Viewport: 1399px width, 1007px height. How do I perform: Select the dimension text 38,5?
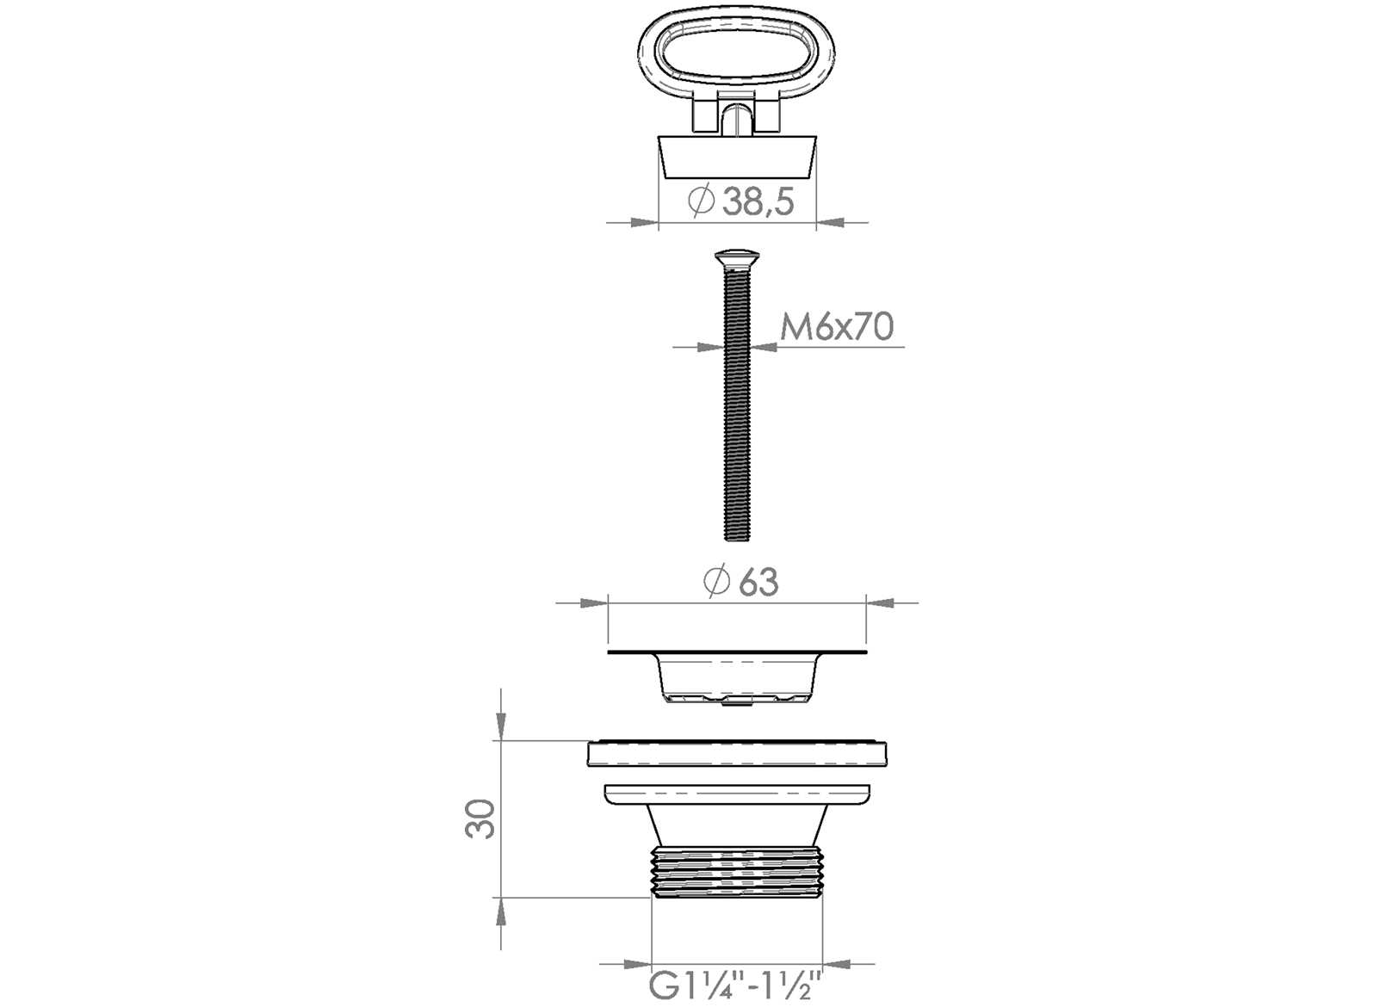click(x=758, y=202)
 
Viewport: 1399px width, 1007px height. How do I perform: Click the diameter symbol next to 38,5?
click(x=702, y=201)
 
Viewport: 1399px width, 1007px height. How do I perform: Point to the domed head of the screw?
click(x=737, y=256)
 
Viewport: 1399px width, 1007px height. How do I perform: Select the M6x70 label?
click(x=836, y=327)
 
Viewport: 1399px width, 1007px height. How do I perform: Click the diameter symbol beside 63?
click(x=716, y=583)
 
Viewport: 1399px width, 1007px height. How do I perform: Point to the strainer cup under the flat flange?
click(x=737, y=680)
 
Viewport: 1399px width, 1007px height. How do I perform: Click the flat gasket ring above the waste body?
click(x=737, y=754)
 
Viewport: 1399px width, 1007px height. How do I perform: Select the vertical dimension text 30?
click(x=480, y=819)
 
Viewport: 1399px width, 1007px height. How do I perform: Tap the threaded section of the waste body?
click(x=737, y=872)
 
